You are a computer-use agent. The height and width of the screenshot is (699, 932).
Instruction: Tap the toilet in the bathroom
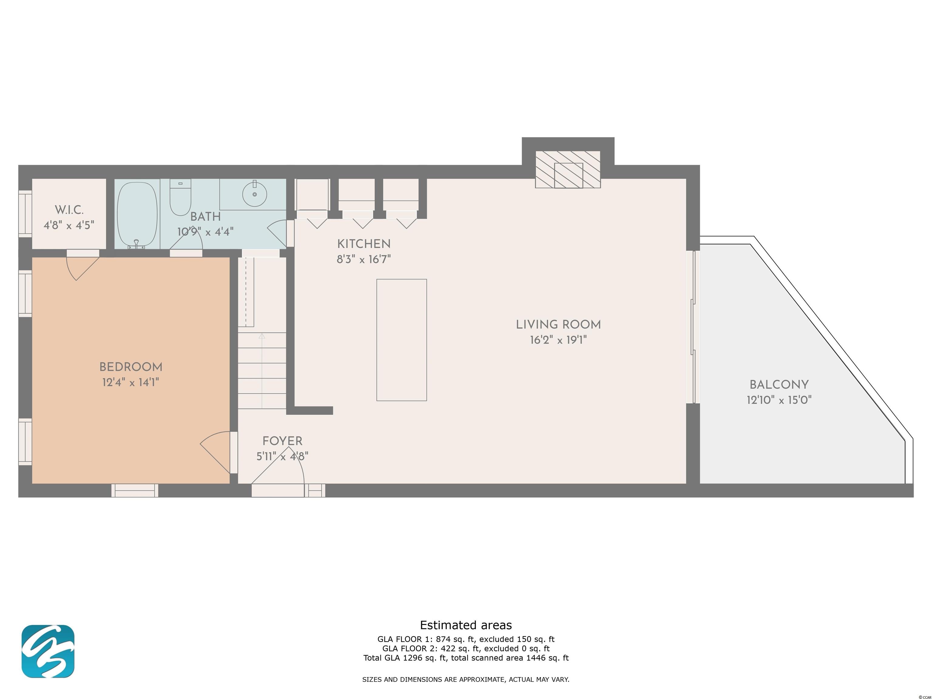click(x=180, y=197)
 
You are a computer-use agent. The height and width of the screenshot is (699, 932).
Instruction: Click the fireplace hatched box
click(x=568, y=169)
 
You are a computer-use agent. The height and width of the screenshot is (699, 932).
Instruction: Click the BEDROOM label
click(x=131, y=367)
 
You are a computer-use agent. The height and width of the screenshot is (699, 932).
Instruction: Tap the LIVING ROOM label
click(x=558, y=324)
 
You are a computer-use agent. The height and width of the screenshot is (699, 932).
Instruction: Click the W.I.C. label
click(x=69, y=210)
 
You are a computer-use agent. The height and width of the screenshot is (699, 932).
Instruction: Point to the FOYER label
click(x=282, y=441)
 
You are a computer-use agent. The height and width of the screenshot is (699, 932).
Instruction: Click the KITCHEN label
click(x=364, y=244)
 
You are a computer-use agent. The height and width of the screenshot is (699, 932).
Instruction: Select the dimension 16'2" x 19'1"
click(x=558, y=339)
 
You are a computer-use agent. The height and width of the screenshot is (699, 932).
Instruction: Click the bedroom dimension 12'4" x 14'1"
click(x=131, y=382)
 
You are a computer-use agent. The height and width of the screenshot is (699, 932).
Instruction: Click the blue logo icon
click(x=48, y=651)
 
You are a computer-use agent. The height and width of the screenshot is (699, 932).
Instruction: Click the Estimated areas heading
click(x=466, y=625)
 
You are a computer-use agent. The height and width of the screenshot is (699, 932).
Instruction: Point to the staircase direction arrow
click(x=262, y=371)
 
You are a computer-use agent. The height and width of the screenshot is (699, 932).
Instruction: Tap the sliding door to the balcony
click(x=693, y=327)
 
